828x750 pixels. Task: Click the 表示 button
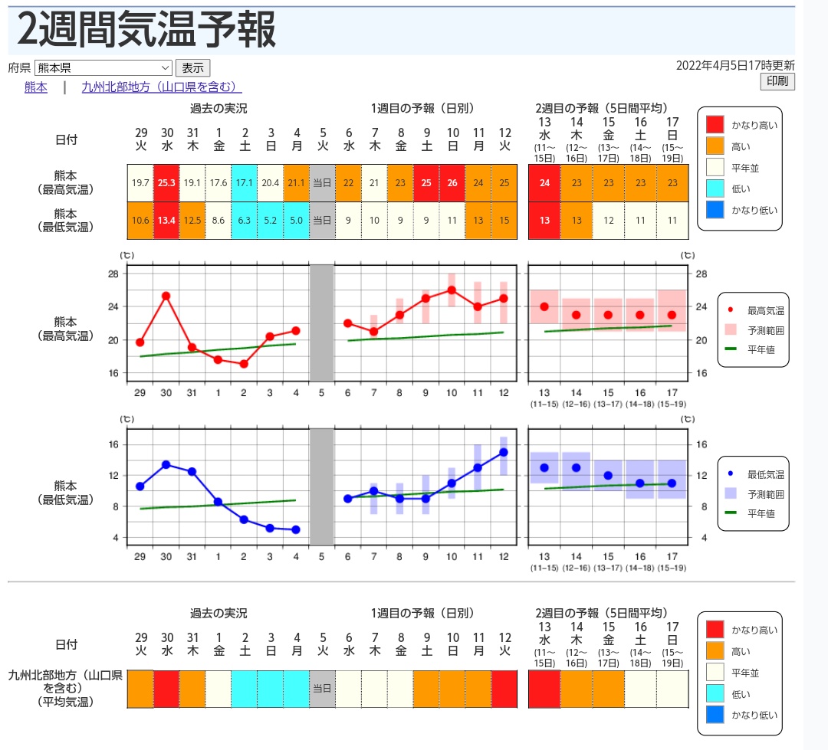(192, 67)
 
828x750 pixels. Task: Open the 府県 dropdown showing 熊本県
(103, 67)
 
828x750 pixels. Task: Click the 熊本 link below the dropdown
(36, 87)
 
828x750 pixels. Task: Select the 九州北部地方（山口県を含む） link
(161, 87)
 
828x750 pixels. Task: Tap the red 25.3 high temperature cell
(166, 183)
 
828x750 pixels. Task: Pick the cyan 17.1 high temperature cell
(245, 183)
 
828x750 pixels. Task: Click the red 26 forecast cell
(452, 183)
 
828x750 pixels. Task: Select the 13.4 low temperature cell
(166, 221)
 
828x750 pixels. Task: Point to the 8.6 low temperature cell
(219, 221)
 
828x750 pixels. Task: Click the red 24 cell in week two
(544, 183)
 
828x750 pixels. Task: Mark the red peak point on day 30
(166, 296)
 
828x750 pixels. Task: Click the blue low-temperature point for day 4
(296, 529)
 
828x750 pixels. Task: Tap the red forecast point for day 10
(452, 290)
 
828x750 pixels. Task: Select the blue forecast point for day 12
(504, 452)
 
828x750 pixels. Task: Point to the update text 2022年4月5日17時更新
(735, 66)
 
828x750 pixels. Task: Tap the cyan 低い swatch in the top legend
(715, 188)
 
